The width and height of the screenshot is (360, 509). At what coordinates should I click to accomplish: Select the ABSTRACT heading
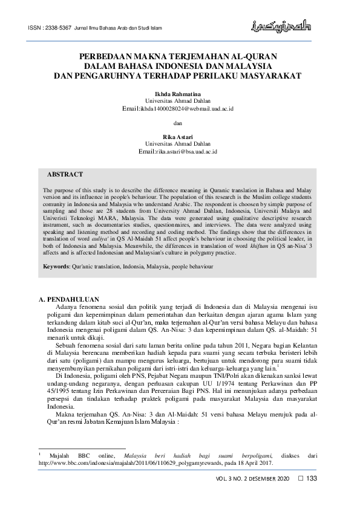65,175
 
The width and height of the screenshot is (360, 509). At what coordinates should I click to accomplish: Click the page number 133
312,479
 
